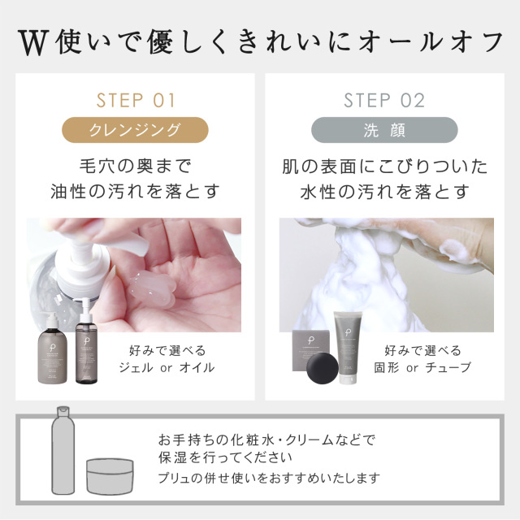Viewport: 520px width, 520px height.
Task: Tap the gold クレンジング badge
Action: click(x=136, y=130)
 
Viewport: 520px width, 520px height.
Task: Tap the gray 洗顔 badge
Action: click(x=384, y=130)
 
